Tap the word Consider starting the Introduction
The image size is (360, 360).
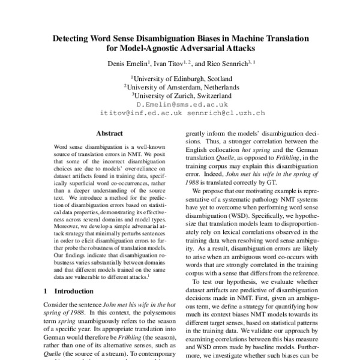[58, 304]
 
